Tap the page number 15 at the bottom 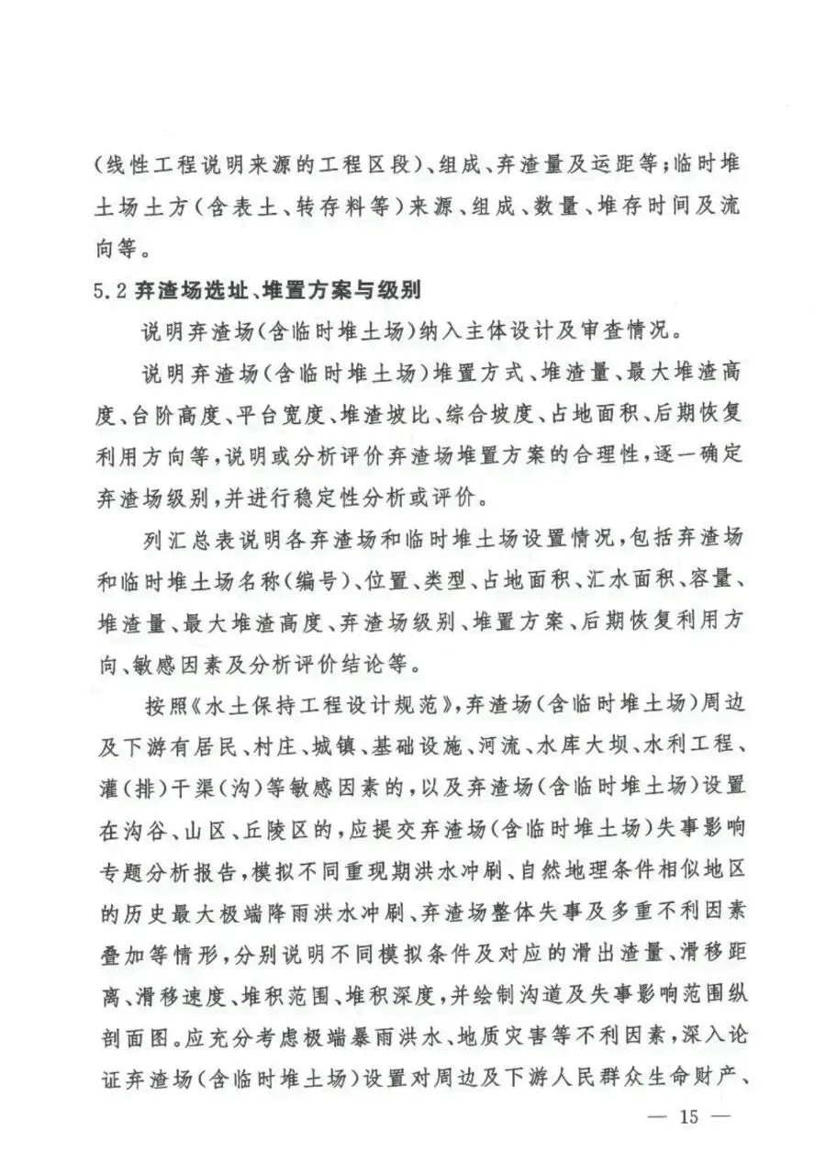point(688,1117)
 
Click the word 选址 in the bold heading point(222,291)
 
